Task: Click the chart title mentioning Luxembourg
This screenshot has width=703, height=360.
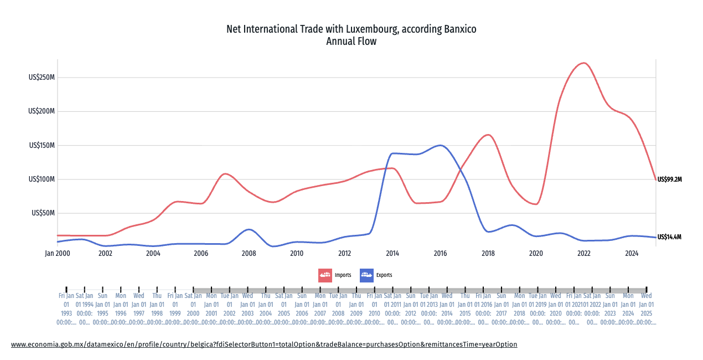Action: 351,29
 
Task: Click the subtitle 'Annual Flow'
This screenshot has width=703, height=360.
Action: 351,42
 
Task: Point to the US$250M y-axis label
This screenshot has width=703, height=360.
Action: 42,78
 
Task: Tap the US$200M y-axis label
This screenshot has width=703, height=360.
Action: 42,111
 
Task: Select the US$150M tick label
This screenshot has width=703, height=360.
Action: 42,146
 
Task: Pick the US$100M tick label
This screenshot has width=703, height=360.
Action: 42,179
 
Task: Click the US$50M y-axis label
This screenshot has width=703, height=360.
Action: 44,213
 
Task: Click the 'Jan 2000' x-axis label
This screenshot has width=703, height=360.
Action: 58,253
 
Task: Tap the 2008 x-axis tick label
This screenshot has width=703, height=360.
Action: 249,253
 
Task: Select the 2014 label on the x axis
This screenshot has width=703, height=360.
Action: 392,253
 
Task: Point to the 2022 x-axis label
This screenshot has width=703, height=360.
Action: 583,253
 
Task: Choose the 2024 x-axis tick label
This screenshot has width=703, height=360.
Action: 632,253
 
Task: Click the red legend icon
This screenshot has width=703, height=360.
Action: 325,275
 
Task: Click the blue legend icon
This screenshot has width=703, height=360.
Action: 366,275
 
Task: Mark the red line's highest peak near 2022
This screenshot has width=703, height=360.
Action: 584,63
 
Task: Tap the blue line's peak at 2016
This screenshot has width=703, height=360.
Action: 440,145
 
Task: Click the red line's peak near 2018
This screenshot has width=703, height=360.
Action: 488,135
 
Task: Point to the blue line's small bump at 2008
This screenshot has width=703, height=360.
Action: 249,229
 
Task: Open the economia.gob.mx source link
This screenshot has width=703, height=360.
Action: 264,344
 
